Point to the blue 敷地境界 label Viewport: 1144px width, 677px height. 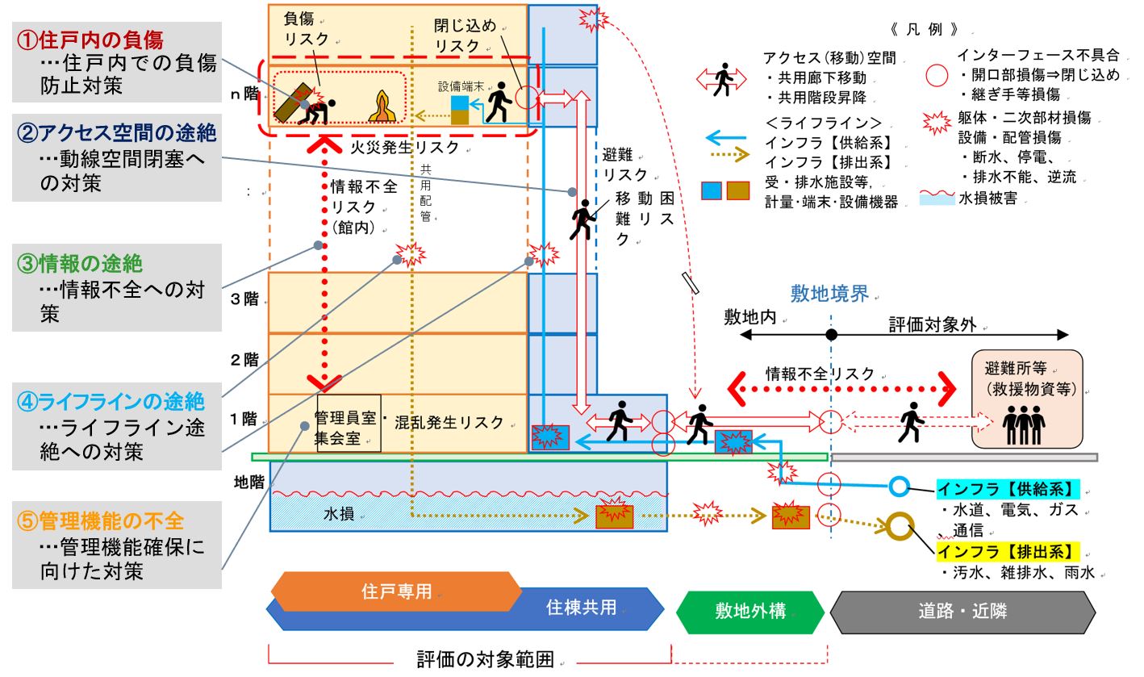pos(829,295)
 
